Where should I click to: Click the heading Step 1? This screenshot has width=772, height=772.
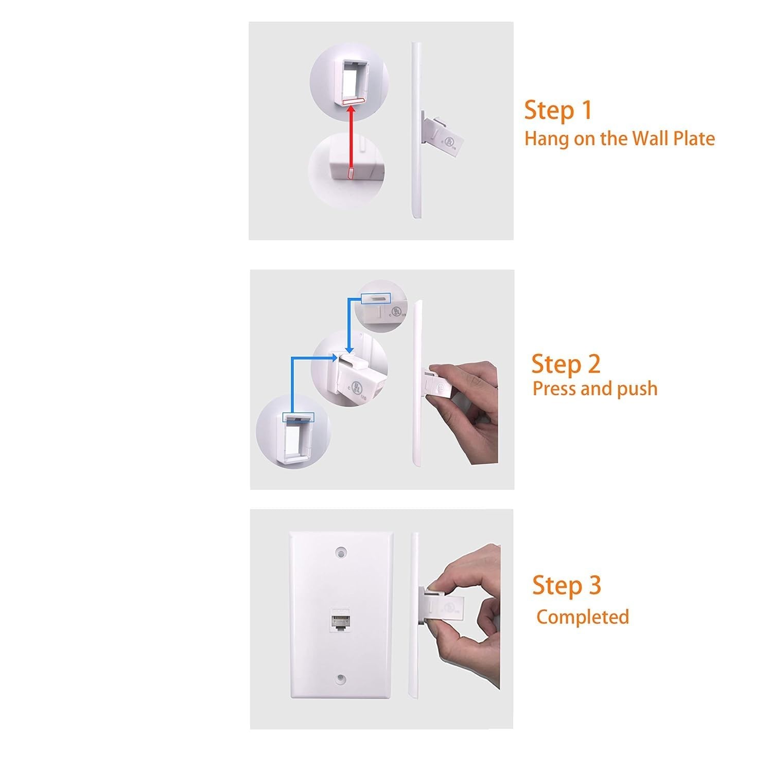(558, 111)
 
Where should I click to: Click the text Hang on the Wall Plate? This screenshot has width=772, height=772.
(620, 139)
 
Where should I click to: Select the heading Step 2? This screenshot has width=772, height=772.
(566, 364)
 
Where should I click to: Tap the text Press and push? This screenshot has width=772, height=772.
(595, 389)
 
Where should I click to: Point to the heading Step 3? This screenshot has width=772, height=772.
(566, 586)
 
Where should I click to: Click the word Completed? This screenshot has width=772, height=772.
(583, 617)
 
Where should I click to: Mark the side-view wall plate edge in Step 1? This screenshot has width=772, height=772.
(415, 131)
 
